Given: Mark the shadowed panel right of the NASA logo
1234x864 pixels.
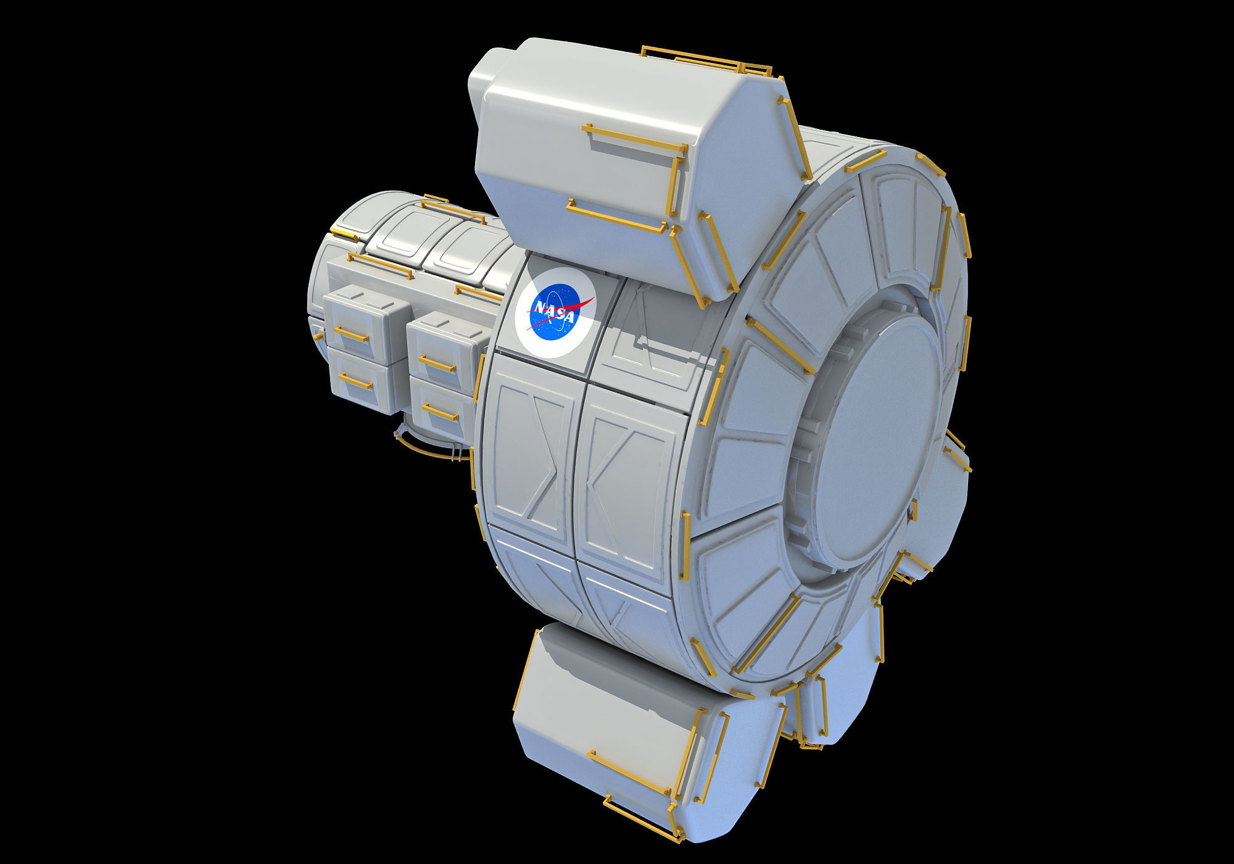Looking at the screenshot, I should click(657, 336).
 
